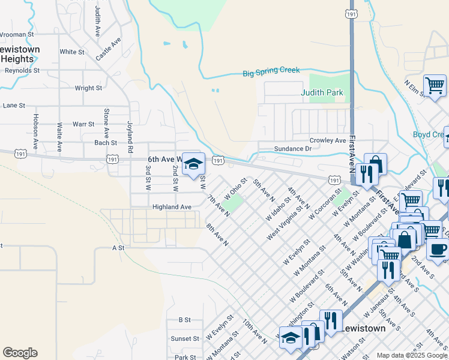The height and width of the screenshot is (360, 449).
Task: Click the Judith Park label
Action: point(322,92)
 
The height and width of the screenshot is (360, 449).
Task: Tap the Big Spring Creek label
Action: point(271,72)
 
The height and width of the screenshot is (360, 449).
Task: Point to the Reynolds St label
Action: point(22,70)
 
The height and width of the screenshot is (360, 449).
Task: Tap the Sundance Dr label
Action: point(293,148)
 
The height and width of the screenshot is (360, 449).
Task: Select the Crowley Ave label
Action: point(328,140)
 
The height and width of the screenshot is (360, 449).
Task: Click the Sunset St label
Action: point(185,338)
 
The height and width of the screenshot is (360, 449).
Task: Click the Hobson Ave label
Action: point(36,131)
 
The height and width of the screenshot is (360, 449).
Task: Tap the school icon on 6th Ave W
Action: point(193,164)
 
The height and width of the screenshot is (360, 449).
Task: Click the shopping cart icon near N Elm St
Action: point(435,86)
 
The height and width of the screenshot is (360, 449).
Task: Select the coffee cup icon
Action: point(438,248)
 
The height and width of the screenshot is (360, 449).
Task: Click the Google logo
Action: point(20,353)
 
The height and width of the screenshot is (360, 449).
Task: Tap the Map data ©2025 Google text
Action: point(411,355)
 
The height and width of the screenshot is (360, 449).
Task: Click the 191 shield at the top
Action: point(351,13)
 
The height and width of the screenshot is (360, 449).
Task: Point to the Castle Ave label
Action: point(109,48)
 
